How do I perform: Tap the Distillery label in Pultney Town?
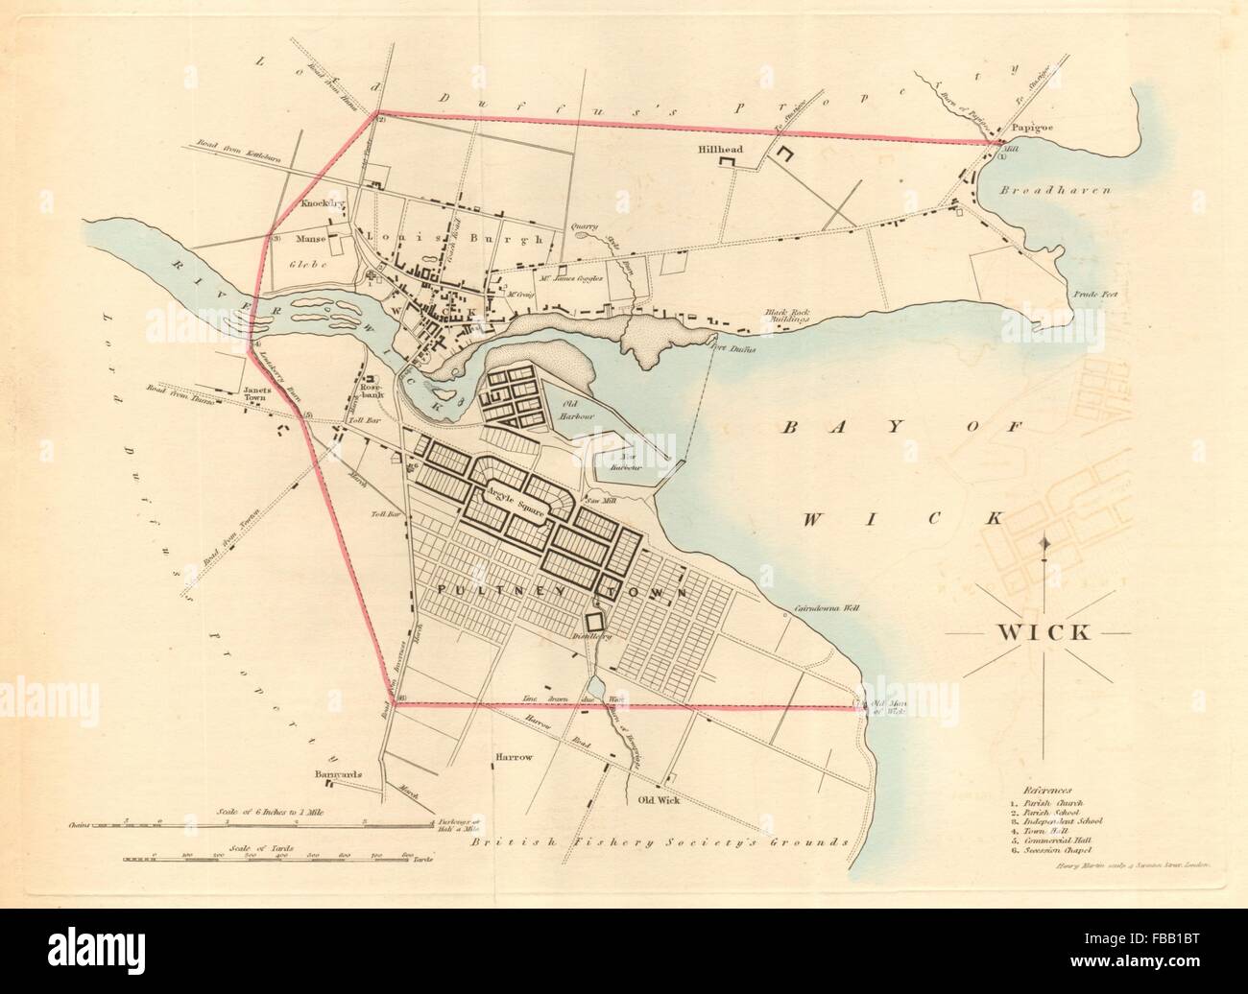point(592,634)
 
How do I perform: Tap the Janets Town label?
point(260,394)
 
